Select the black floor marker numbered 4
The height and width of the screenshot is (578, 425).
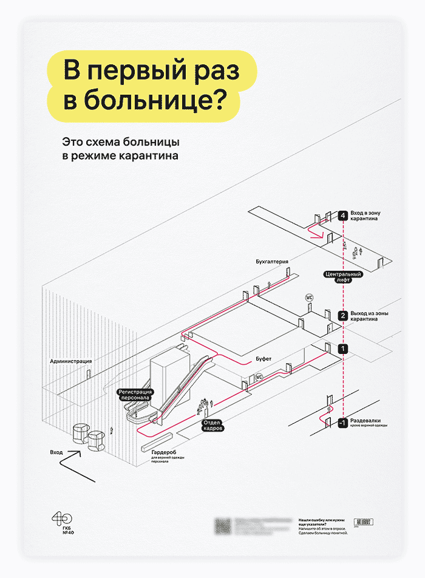click(x=343, y=216)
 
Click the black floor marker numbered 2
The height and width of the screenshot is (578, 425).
click(x=343, y=316)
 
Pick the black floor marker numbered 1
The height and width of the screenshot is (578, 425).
click(x=343, y=348)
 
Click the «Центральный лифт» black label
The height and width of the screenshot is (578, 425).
click(x=343, y=277)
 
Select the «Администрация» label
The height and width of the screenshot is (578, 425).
click(x=71, y=361)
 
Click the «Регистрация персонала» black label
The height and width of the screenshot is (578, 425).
click(x=135, y=395)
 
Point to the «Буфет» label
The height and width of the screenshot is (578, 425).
click(x=263, y=359)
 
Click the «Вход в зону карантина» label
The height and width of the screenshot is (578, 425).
click(x=367, y=216)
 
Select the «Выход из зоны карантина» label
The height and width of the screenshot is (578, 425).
click(x=369, y=316)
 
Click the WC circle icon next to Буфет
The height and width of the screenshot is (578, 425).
click(x=259, y=376)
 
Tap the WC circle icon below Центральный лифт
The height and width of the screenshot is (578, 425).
click(x=308, y=298)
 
